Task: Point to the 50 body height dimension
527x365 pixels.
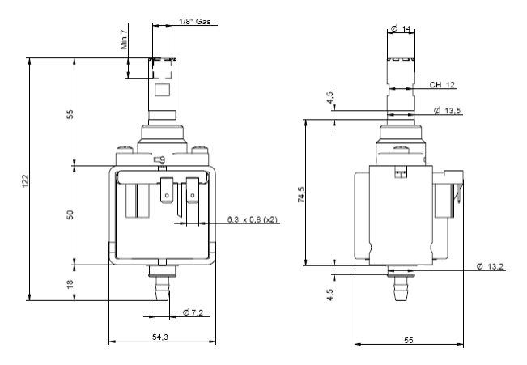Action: click(70, 214)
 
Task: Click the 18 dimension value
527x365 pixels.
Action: click(70, 284)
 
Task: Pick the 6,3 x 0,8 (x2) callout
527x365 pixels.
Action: click(253, 219)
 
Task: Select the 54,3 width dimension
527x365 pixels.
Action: click(160, 337)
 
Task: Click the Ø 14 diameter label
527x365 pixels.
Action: click(402, 29)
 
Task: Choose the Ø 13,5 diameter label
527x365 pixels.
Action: click(448, 110)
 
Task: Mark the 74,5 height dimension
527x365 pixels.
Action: click(300, 194)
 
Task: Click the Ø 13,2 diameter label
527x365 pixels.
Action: click(491, 267)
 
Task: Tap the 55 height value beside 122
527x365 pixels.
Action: click(70, 113)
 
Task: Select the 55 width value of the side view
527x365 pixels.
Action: click(409, 340)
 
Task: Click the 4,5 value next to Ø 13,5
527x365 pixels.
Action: click(330, 97)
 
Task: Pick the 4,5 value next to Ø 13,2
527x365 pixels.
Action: click(330, 294)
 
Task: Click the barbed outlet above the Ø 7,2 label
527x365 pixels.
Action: click(160, 287)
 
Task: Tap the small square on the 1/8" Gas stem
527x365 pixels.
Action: click(160, 90)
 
